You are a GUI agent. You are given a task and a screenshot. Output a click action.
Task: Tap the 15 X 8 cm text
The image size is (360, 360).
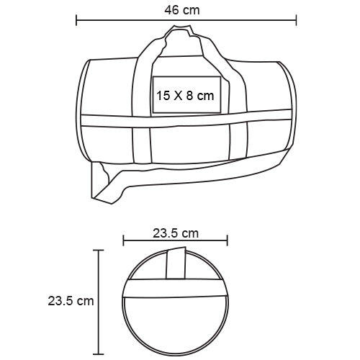[184, 95]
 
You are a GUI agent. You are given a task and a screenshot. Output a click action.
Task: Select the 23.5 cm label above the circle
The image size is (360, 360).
[176, 233]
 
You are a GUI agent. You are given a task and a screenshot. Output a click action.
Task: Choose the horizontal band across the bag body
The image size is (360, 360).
[184, 121]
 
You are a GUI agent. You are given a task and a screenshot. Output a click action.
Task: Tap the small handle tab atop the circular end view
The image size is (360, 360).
[176, 263]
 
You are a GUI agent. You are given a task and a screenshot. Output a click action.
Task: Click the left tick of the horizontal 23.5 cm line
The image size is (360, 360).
[123, 243]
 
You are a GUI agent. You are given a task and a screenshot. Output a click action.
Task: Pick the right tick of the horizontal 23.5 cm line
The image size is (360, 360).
[228, 243]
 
